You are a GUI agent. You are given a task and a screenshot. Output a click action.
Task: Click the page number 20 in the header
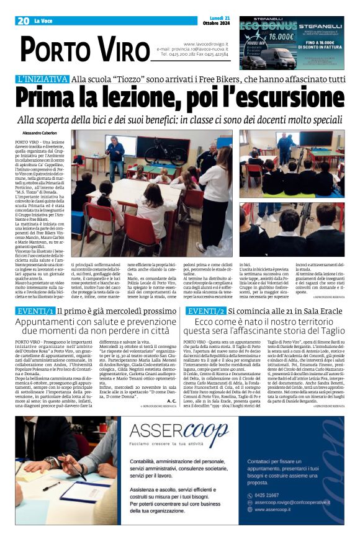pos(23,21)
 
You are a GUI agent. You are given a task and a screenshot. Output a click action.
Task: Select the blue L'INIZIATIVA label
pos(42,79)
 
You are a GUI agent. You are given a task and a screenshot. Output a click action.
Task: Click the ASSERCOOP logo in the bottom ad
pos(179,428)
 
